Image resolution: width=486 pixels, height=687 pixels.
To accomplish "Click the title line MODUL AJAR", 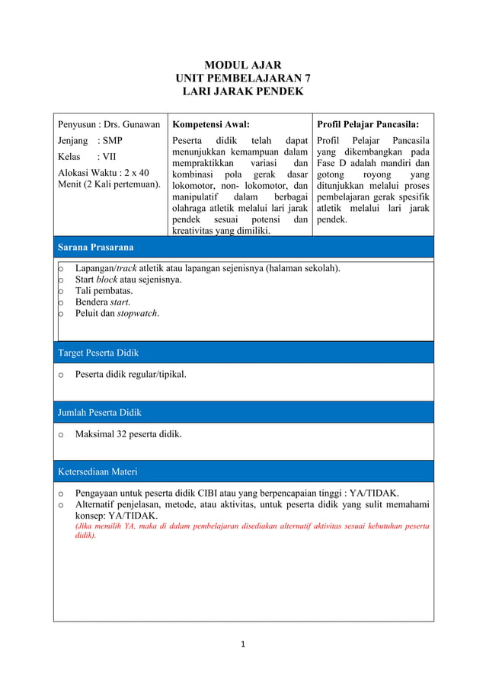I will (243, 66).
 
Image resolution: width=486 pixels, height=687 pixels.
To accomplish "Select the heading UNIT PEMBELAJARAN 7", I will (243, 78).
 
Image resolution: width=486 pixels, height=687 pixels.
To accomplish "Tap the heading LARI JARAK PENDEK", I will (243, 92).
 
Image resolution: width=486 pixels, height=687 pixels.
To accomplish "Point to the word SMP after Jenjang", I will (112, 141).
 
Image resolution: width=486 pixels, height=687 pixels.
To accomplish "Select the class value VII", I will (110, 157).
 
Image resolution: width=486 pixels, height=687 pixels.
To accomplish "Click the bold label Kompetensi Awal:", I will (211, 124).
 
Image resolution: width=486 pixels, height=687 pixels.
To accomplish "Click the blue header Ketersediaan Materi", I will (98, 471).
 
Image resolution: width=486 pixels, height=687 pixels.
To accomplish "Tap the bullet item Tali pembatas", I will (104, 291).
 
